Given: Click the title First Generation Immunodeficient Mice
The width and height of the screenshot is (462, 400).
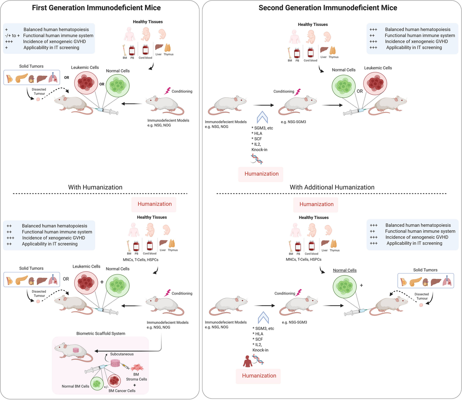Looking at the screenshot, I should click(x=96, y=8).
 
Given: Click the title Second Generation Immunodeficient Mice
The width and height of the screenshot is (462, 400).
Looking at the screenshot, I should click(x=328, y=8).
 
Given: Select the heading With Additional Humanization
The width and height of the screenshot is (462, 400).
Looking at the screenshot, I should click(x=332, y=187).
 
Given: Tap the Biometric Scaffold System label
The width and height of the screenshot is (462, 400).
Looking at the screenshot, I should click(x=101, y=333).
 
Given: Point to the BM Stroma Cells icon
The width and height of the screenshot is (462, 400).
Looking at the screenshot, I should click(x=138, y=368).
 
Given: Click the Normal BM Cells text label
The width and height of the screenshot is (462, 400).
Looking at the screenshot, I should click(x=75, y=386).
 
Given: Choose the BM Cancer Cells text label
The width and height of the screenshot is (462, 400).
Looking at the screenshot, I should click(x=122, y=391).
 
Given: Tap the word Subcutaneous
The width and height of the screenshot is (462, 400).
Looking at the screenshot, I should click(x=122, y=354).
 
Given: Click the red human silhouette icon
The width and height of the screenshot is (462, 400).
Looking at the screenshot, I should click(x=246, y=362).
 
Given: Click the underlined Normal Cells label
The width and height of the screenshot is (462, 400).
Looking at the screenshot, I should click(x=345, y=270).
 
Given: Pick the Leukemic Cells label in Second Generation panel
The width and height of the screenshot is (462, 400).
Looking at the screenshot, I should click(x=378, y=68).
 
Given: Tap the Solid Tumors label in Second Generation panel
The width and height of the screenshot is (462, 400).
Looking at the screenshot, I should click(x=425, y=270).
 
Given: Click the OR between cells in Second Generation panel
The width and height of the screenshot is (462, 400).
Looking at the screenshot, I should click(x=360, y=91).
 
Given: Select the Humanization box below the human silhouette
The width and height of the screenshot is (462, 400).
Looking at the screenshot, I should click(x=259, y=376).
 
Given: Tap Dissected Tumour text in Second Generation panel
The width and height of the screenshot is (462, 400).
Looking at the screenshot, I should click(x=422, y=296).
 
